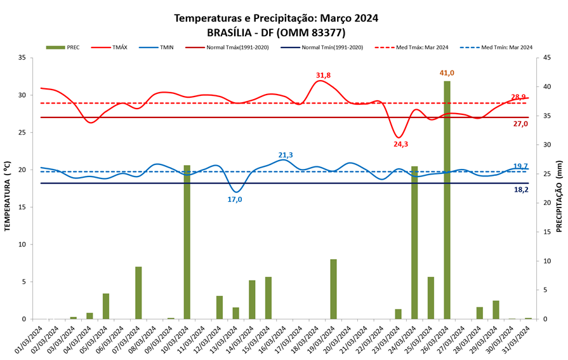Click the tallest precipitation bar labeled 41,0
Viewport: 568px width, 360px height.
point(447,200)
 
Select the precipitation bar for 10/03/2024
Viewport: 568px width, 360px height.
point(187,242)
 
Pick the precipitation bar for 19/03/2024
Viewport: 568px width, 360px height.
point(333,289)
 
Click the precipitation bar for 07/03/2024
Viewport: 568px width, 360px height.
point(138,293)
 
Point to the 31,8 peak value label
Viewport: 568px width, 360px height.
point(324,76)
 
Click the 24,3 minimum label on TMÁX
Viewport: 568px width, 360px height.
point(401,144)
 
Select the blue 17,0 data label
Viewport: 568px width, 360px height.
point(235,199)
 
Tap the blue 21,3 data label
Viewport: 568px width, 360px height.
point(286,155)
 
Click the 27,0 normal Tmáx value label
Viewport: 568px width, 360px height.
point(520,124)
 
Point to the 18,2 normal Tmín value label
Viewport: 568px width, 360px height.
point(520,189)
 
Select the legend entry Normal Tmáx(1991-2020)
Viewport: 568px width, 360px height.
point(228,47)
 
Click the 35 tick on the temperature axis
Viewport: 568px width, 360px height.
point(22,58)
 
